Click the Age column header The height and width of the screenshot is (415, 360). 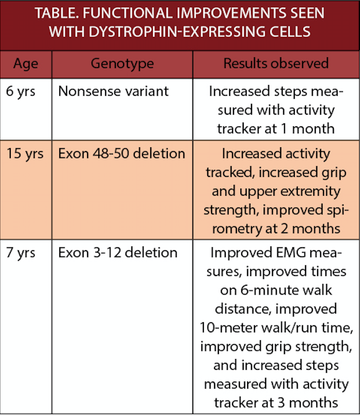pyautogui.click(x=26, y=64)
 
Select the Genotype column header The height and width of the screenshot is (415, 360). pyautogui.click(x=122, y=64)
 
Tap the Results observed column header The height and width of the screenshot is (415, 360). pyautogui.click(x=276, y=63)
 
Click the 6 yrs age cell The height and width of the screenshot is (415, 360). pyautogui.click(x=20, y=91)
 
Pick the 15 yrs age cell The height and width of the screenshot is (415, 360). pyautogui.click(x=25, y=154)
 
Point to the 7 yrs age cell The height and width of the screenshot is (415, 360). pyautogui.click(x=20, y=253)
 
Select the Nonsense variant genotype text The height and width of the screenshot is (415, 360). pyautogui.click(x=113, y=91)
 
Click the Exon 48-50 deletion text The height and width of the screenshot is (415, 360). pyautogui.click(x=122, y=154)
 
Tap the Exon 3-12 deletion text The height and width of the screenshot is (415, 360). pyautogui.click(x=118, y=253)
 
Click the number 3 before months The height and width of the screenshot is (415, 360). pyautogui.click(x=281, y=403)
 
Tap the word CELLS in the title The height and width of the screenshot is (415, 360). pyautogui.click(x=290, y=32)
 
